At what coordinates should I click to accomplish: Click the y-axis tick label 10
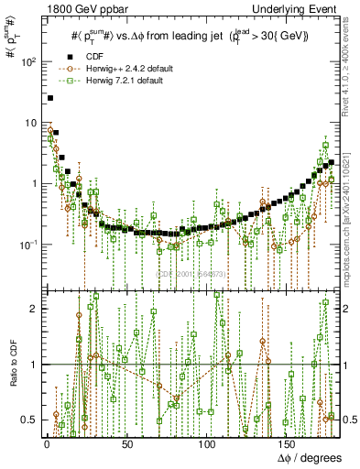(30, 123)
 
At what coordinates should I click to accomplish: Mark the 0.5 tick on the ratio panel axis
(29, 420)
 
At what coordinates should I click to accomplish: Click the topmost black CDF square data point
(50, 97)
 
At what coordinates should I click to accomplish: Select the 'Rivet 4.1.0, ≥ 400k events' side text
(351, 77)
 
